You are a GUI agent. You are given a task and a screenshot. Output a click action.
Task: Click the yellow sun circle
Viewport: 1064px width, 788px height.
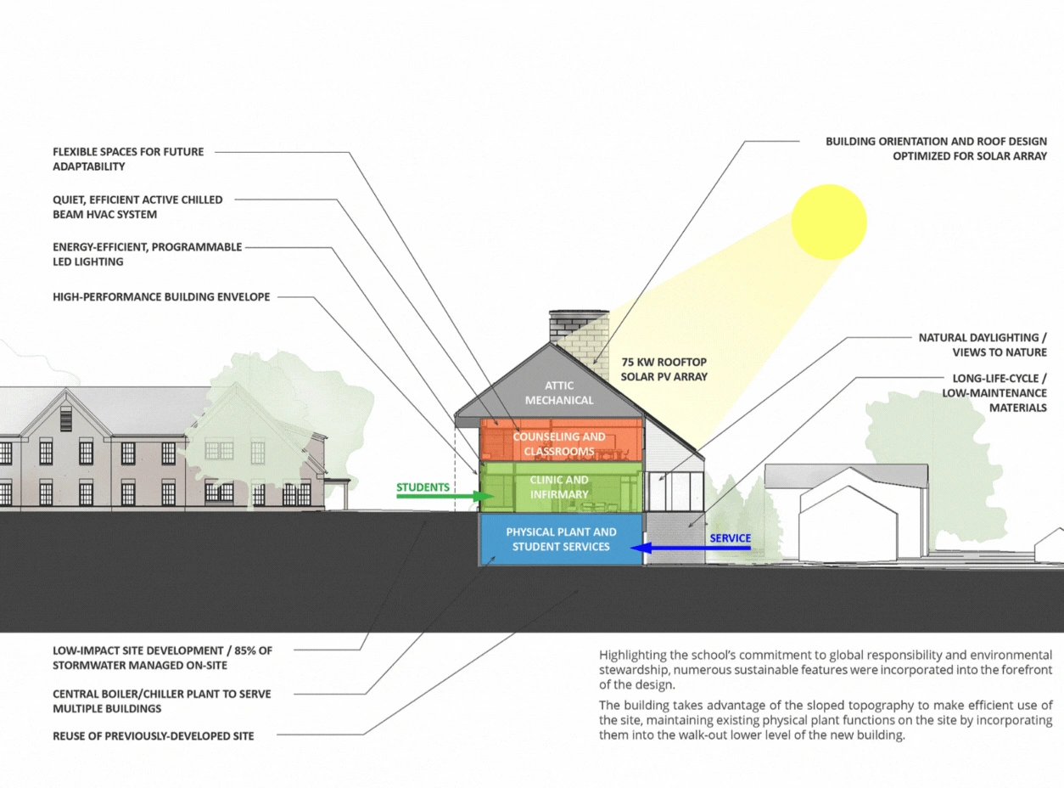[829, 222]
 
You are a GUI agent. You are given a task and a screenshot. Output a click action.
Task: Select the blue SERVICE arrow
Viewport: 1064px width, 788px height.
[692, 549]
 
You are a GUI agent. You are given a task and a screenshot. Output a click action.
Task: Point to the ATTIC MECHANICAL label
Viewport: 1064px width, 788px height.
[560, 393]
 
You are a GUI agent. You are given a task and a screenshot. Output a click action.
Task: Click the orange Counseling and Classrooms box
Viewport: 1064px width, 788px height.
[560, 443]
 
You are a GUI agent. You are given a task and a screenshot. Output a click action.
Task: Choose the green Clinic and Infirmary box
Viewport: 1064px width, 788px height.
[560, 487]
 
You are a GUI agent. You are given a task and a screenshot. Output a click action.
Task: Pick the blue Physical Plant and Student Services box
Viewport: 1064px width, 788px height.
[561, 539]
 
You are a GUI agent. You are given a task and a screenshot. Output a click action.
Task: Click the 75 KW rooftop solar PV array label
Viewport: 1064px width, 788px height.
[664, 368]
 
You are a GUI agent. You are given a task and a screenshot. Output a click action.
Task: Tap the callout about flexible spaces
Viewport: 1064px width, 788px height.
[128, 159]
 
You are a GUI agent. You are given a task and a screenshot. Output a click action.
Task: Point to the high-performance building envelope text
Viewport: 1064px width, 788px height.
[161, 297]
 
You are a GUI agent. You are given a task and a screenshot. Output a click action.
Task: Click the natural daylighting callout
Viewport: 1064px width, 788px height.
[983, 345]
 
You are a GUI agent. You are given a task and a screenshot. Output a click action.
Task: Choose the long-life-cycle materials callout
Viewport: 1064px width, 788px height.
[994, 392]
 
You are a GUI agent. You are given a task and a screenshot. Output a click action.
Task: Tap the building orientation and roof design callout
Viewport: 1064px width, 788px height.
[936, 149]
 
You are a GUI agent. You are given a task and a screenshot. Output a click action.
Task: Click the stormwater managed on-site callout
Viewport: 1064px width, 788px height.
[162, 658]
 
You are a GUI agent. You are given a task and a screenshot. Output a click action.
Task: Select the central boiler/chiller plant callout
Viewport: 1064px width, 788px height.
[161, 701]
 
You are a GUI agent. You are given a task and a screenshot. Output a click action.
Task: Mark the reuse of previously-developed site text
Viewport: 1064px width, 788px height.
[153, 735]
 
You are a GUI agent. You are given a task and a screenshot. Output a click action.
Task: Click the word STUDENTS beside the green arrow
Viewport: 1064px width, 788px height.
[423, 487]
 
